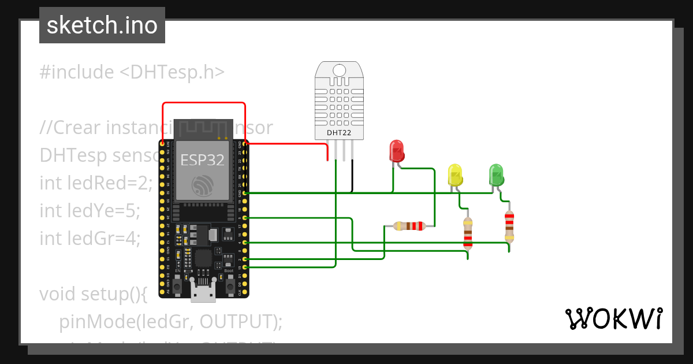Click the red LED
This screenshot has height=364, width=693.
point(397,151)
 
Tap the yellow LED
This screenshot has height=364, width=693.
point(456,175)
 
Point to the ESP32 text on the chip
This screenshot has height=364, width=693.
point(203,160)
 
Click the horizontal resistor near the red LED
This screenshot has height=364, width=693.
point(409,226)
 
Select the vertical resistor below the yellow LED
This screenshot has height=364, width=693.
point(468,232)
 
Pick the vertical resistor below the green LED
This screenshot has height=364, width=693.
point(509,226)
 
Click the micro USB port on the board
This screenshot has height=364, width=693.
point(203,295)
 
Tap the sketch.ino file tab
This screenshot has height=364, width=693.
point(102,25)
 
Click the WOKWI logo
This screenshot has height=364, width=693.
point(613,319)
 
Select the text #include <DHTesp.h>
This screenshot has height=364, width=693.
point(132,72)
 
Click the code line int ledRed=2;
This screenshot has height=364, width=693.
point(96,183)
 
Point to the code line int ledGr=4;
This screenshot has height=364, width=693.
point(90,237)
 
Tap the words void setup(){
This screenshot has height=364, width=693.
point(94,294)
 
